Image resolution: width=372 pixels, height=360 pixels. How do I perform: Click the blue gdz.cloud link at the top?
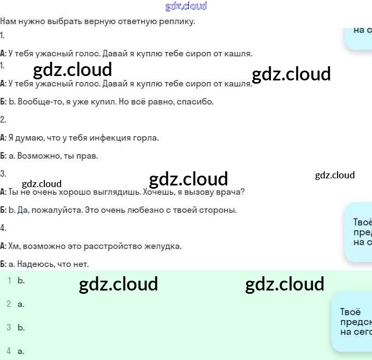[x=186, y=7]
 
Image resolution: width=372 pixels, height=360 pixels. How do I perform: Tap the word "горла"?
[x=143, y=138]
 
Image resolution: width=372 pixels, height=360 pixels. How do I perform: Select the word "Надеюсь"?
[x=35, y=264]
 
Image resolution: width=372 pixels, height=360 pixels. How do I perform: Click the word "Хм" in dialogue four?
[x=14, y=246]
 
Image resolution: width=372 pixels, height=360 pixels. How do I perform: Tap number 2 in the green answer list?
[x=9, y=304]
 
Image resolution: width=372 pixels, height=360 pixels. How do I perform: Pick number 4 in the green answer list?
[x=9, y=351]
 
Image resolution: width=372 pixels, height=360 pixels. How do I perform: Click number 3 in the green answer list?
[x=9, y=327]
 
